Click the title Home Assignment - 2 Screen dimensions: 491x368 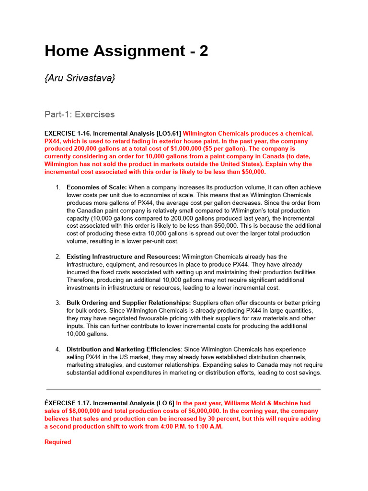[126, 51]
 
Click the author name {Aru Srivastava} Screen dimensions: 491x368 [80, 78]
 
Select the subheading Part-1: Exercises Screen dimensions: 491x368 [80, 114]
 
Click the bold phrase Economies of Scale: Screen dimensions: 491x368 [97, 187]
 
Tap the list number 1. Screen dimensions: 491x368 [57, 187]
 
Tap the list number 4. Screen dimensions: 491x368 [57, 350]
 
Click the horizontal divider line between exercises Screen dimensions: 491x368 [183, 389]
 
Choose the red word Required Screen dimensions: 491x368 [57, 442]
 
